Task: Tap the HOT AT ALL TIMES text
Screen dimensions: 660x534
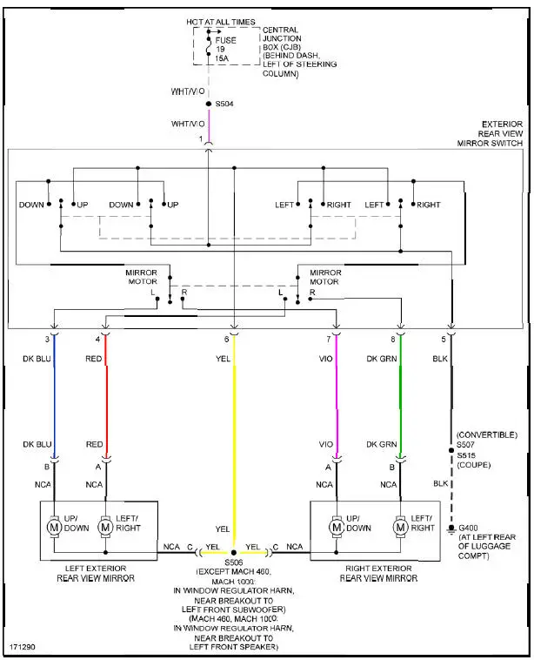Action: tap(221, 20)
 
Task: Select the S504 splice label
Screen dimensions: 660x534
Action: tap(224, 104)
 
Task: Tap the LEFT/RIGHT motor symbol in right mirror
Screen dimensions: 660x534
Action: tap(400, 527)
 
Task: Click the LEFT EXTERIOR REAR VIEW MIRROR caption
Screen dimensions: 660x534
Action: tap(98, 572)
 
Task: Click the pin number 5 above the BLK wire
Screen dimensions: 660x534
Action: tap(443, 339)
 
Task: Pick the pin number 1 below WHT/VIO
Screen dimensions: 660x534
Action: tap(201, 139)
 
